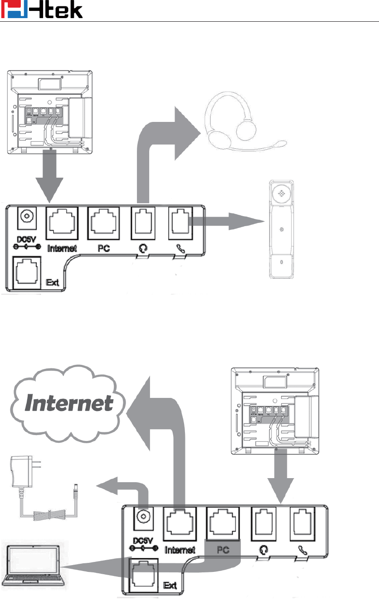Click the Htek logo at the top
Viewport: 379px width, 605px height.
(42, 10)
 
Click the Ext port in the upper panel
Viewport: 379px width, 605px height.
(25, 271)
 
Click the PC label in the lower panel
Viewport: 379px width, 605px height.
(222, 550)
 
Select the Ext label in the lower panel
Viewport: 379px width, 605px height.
(170, 586)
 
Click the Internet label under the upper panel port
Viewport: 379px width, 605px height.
(62, 248)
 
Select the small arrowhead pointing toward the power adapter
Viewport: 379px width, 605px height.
(107, 486)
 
